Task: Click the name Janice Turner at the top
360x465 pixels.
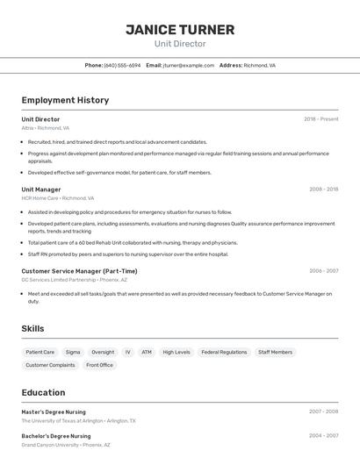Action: point(180,30)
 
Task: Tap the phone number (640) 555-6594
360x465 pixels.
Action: point(122,65)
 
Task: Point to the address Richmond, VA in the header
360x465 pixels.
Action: point(259,65)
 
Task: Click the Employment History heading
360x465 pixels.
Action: point(65,100)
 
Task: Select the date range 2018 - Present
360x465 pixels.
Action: point(320,119)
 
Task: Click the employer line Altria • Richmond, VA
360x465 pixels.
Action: point(46,128)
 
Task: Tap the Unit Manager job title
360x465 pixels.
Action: point(41,190)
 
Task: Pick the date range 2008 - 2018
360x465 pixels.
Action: point(323,190)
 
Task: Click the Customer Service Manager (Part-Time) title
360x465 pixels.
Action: point(79,271)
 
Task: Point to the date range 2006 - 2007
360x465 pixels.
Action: point(323,271)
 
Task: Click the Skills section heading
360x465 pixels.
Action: point(32,328)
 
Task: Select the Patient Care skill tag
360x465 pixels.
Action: point(40,352)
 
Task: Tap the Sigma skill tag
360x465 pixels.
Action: point(73,352)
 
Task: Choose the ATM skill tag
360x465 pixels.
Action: point(147,352)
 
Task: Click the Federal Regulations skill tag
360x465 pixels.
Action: point(224,352)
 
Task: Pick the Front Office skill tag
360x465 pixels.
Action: point(99,365)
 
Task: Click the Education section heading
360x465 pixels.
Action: point(43,392)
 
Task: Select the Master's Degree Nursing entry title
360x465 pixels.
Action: point(54,411)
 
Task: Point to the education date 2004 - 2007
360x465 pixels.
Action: point(323,436)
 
